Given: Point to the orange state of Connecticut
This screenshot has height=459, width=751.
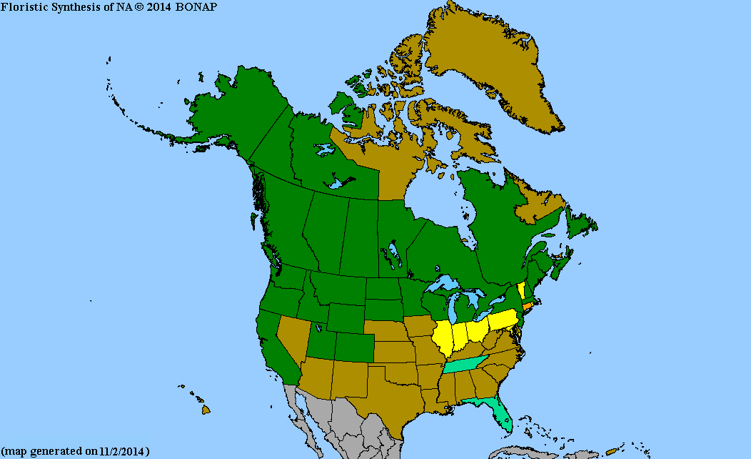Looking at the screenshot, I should point(528,305).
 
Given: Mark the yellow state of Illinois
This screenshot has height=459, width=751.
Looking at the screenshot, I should point(443,339).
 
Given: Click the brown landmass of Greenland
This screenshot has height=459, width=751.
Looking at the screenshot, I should point(493,64).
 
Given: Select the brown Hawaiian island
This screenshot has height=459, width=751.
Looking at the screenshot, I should point(206,410).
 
